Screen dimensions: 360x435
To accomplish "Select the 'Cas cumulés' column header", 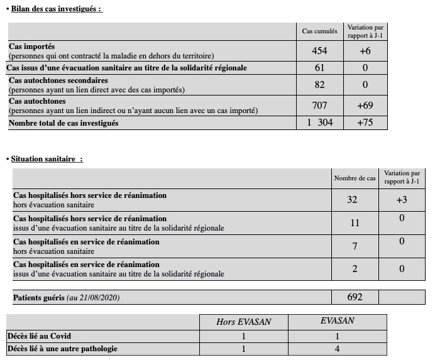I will [319, 31].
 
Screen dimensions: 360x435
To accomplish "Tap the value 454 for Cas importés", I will [319, 51].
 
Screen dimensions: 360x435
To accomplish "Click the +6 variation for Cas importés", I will [365, 51].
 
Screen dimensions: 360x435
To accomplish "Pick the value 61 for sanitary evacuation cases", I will [319, 68].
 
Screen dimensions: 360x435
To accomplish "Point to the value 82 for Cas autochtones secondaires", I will [319, 85].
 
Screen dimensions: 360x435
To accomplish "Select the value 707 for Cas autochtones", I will [319, 105].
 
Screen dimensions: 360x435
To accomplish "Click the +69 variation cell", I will [365, 105].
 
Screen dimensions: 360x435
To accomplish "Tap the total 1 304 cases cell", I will [319, 123].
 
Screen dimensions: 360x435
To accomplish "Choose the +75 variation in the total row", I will [365, 123].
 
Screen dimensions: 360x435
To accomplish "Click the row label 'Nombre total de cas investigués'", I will [63, 123].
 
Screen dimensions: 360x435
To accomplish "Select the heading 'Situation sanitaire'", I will [47, 159].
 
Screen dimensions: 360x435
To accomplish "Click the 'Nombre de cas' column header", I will [355, 178].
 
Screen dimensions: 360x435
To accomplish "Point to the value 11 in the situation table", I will [354, 222].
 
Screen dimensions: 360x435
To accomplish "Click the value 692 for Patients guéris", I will [355, 297].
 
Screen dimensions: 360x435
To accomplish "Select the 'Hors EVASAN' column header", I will [244, 322].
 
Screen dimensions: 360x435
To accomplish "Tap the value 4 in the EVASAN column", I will [337, 348].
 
